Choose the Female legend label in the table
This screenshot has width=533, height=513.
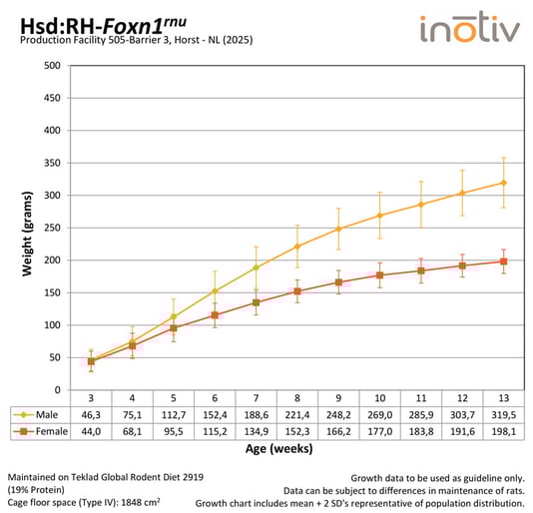tap(46, 431)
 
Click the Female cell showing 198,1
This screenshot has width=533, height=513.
tap(502, 431)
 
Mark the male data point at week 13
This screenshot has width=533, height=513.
tap(503, 183)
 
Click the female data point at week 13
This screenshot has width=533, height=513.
tap(503, 261)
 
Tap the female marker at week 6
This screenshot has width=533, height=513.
tap(215, 315)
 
